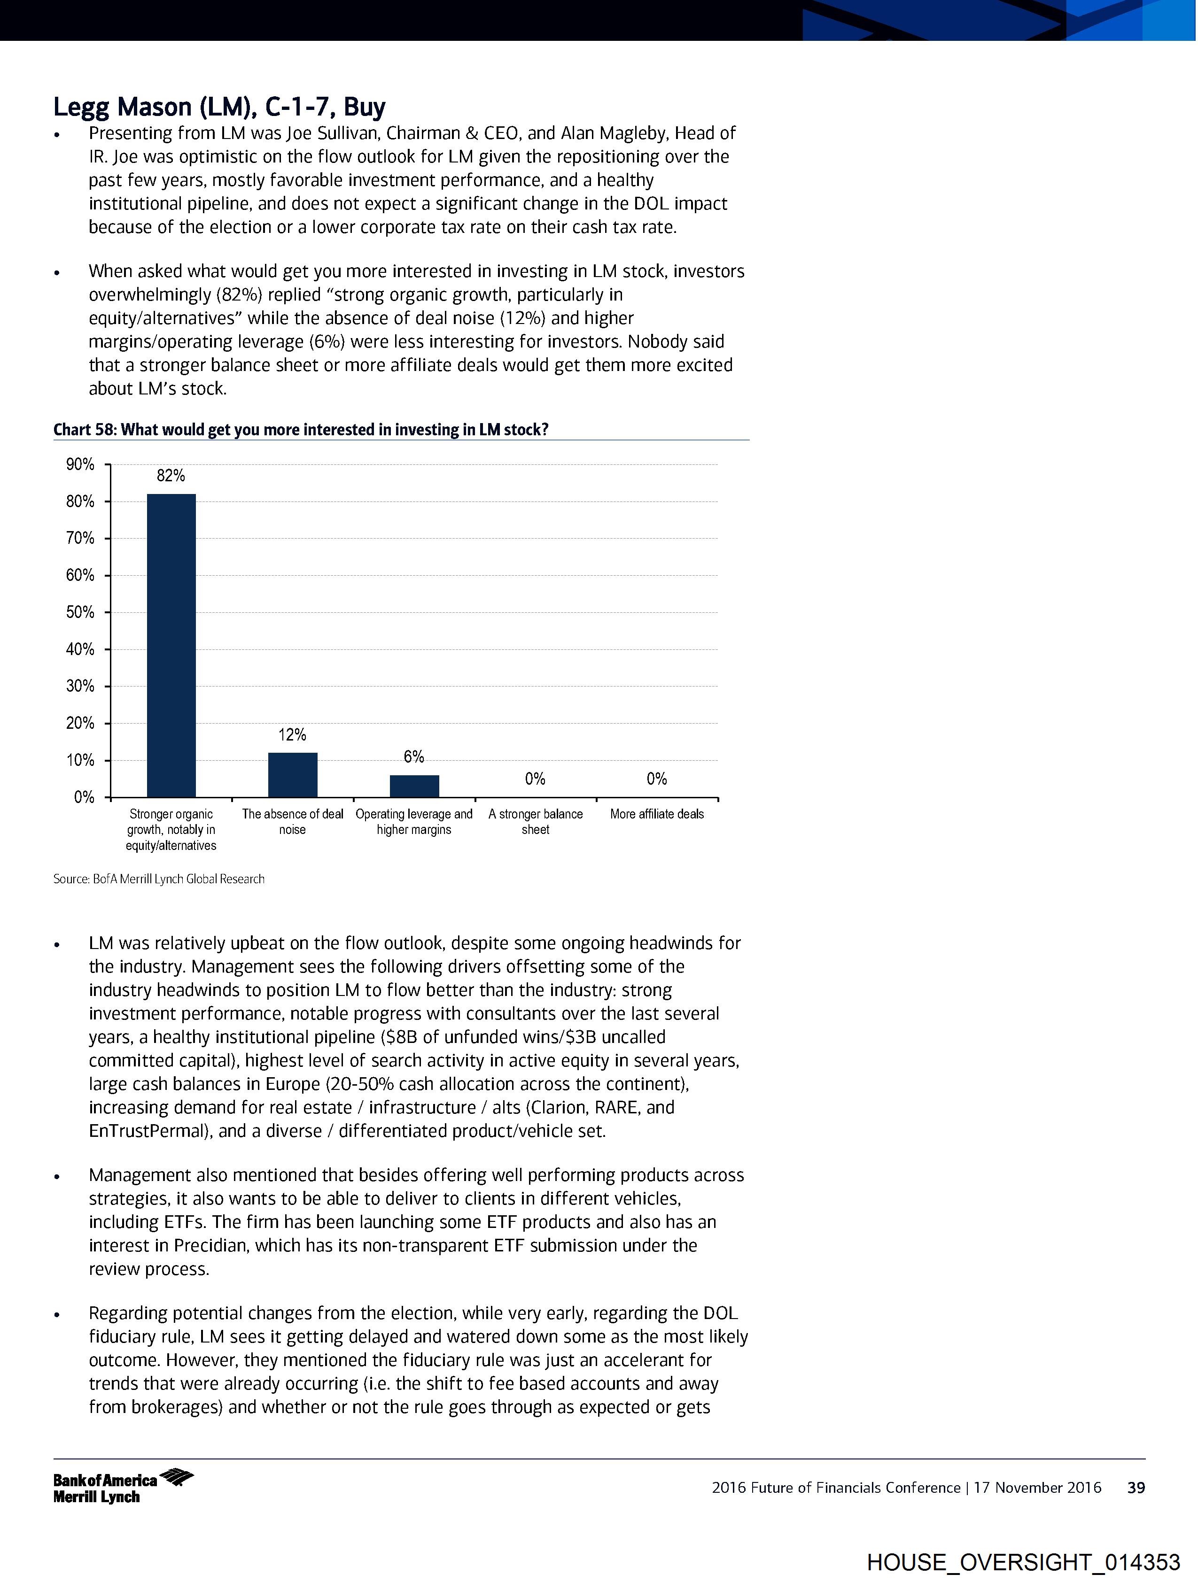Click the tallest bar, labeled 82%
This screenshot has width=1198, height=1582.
pos(171,644)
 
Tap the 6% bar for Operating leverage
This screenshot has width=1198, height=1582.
pos(414,786)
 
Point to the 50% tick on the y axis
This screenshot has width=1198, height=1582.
pos(80,612)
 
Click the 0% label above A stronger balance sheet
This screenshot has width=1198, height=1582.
pos(535,779)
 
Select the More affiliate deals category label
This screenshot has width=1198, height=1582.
pos(657,814)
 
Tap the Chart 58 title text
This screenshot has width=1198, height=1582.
pos(301,430)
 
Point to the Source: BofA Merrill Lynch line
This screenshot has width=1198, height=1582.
pos(159,879)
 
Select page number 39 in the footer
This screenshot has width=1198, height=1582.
pos(1136,1488)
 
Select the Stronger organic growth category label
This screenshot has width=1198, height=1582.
pos(171,830)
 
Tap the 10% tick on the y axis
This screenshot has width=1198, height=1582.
pos(80,760)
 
